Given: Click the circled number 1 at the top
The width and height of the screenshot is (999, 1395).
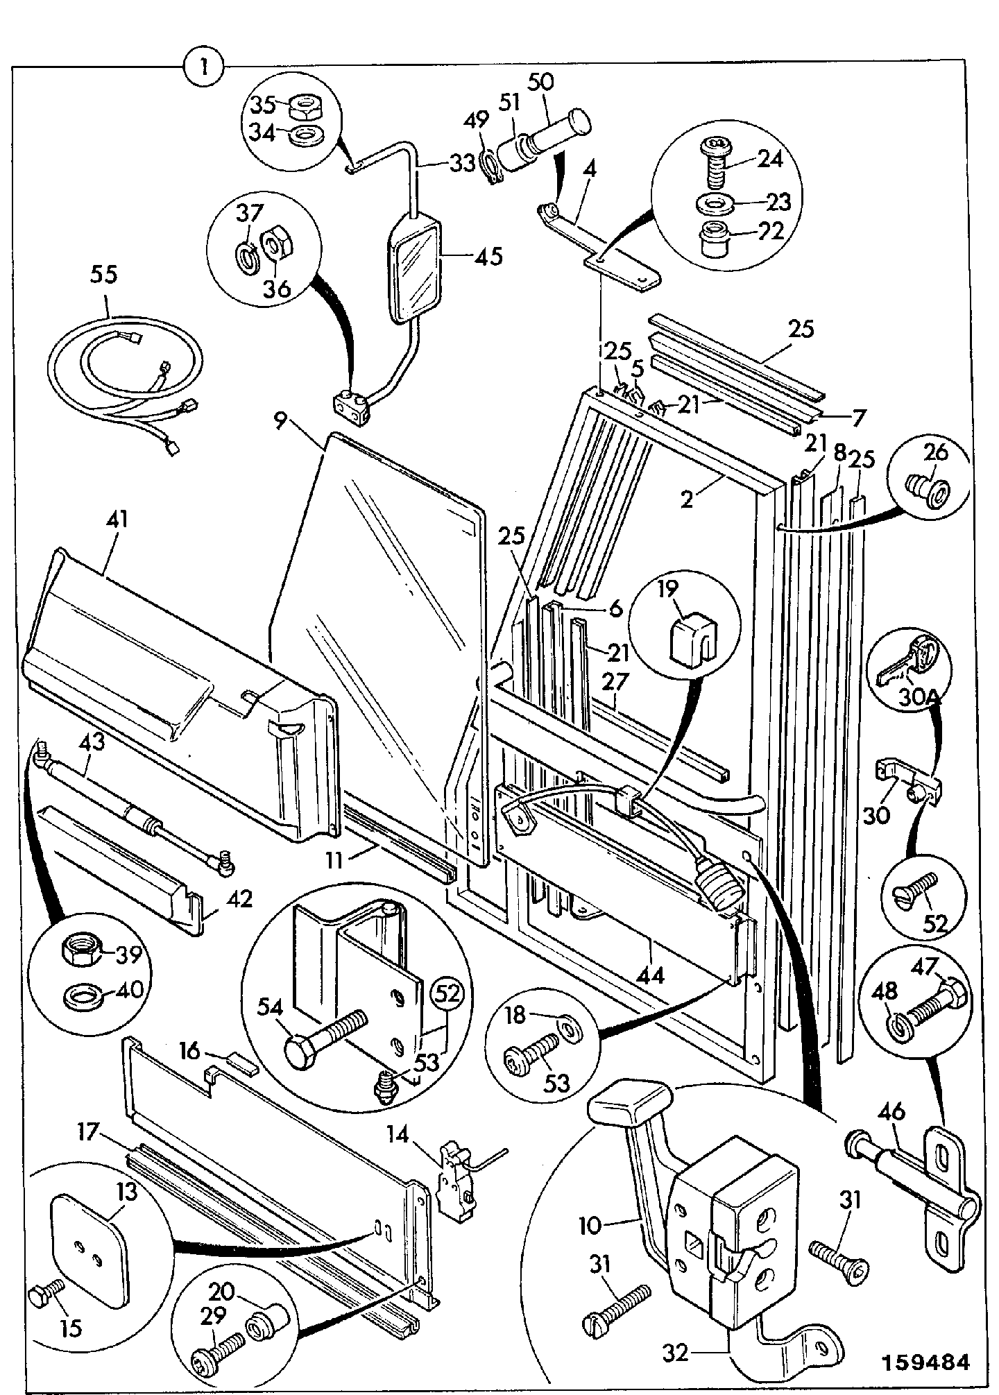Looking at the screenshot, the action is point(203,67).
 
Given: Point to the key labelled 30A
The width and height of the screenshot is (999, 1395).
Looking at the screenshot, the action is point(905,660).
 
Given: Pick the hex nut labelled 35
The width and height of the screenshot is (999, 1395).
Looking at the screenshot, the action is point(304,107).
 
